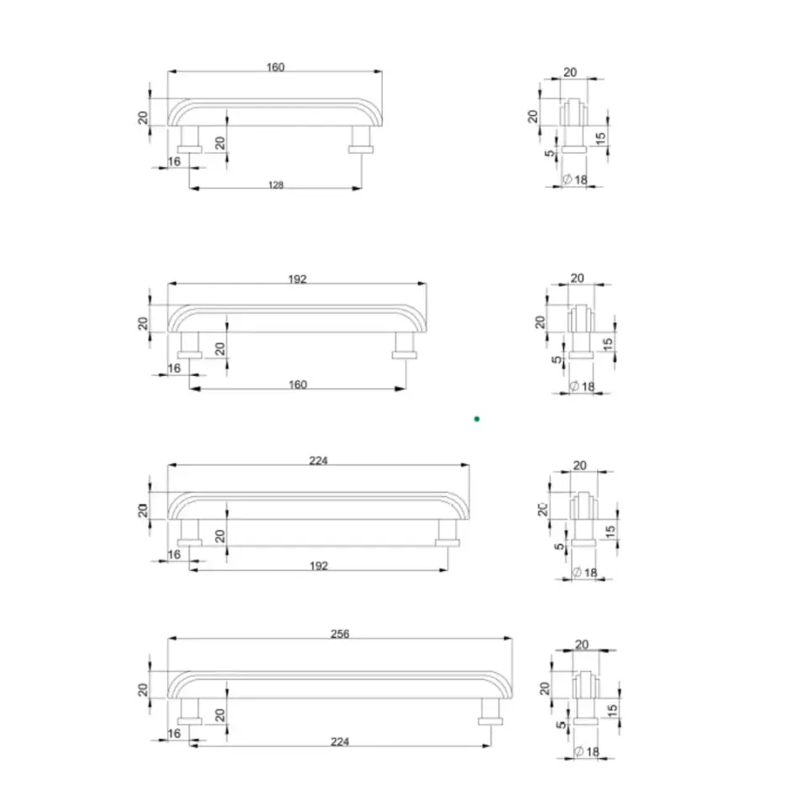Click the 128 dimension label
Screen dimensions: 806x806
tap(276, 185)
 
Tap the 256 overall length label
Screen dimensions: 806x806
tap(340, 634)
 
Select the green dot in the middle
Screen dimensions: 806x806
tap(477, 419)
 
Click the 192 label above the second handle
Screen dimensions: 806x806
tap(297, 279)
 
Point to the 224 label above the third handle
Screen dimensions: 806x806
tap(318, 461)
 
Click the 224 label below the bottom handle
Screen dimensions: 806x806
tap(340, 741)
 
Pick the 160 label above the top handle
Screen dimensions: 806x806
tap(275, 67)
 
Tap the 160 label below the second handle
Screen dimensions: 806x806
tap(297, 385)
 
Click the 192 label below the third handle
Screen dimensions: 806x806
tap(319, 566)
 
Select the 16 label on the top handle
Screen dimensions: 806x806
tap(175, 161)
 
